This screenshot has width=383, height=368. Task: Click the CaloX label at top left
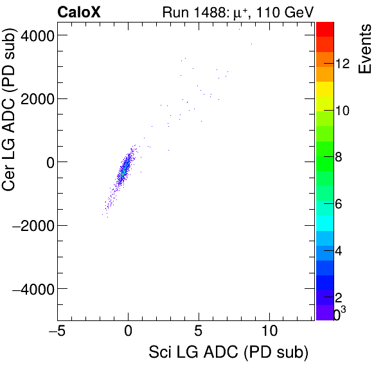(x=79, y=11)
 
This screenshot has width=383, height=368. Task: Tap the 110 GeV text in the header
(x=285, y=11)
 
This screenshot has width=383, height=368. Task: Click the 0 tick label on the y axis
(x=48, y=162)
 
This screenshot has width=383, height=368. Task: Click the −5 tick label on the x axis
(x=55, y=331)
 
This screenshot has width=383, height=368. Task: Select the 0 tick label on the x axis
(x=129, y=331)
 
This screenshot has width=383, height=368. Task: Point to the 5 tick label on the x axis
(x=199, y=331)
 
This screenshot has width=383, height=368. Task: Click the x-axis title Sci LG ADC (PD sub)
(x=228, y=353)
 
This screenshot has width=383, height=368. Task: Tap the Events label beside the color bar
(x=365, y=50)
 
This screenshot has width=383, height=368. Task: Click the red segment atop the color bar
(x=325, y=28)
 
